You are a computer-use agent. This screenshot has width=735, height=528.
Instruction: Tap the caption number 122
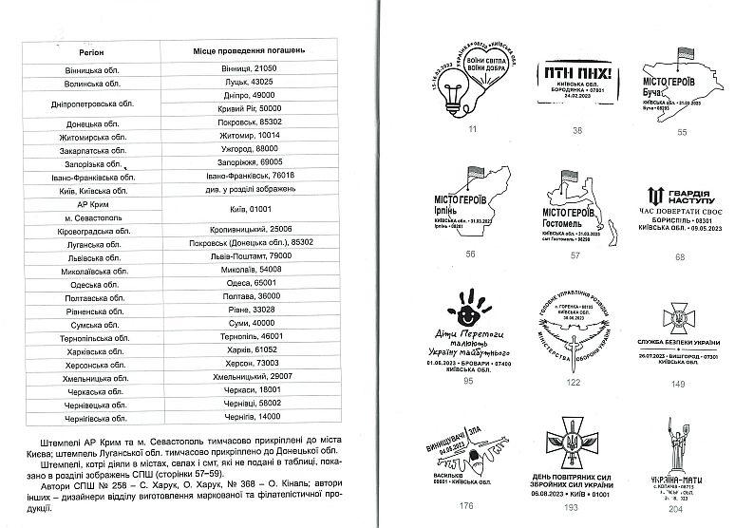(573, 382)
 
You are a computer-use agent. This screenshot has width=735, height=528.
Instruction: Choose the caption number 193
(575, 506)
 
